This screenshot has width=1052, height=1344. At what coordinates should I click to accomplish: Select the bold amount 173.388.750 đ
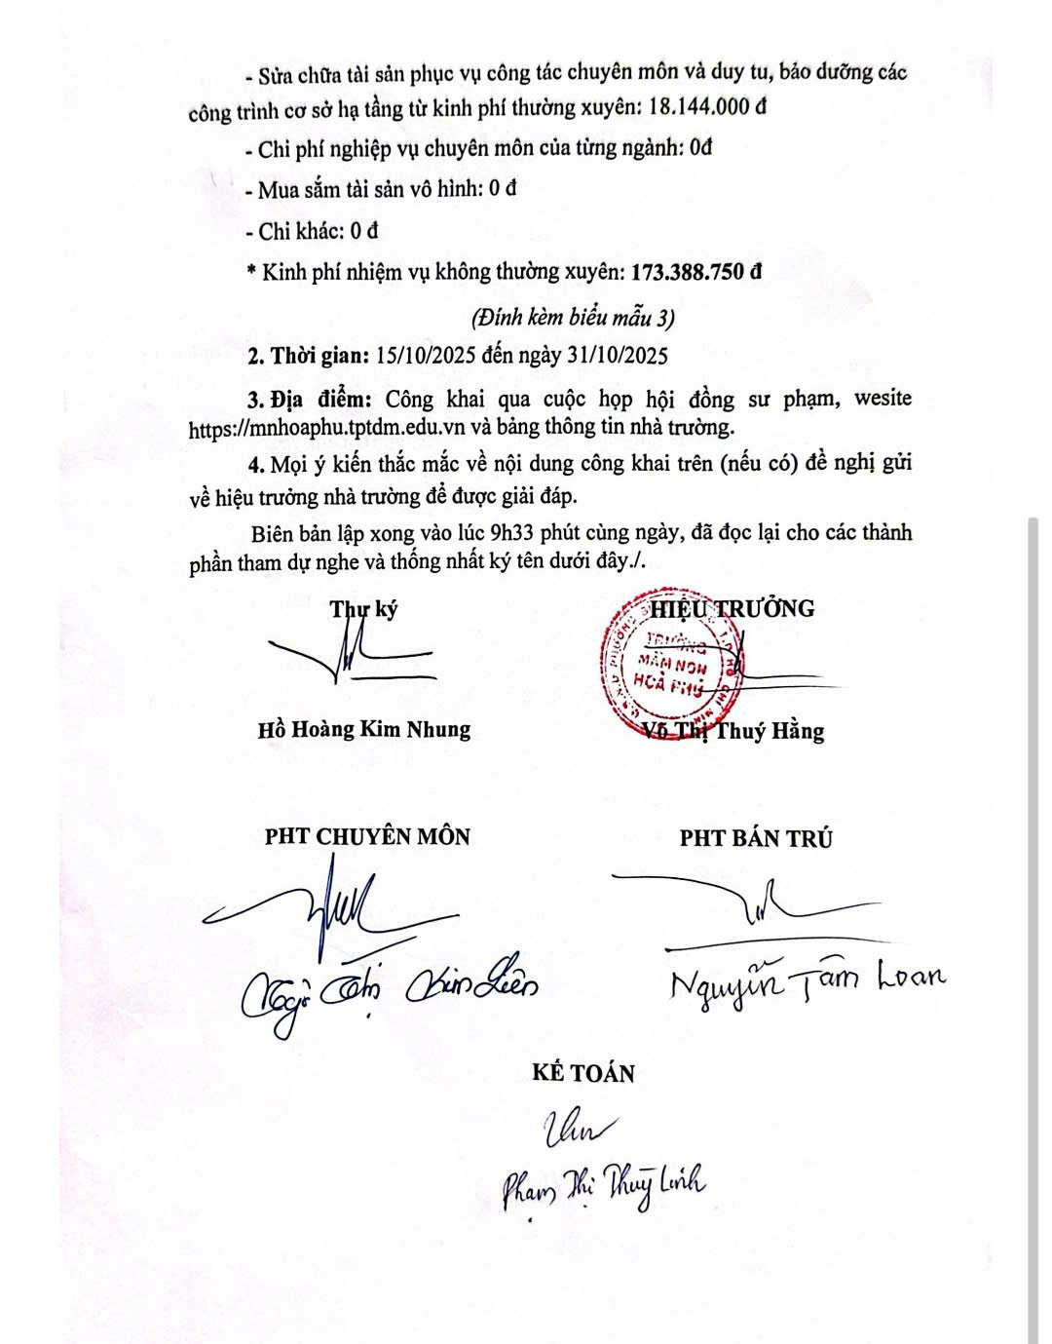(x=696, y=272)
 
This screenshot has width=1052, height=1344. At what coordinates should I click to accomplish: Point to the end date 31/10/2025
(x=617, y=355)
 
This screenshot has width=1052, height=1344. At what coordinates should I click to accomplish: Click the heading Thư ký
(x=363, y=609)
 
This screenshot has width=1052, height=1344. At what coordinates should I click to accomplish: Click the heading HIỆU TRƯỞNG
(x=733, y=608)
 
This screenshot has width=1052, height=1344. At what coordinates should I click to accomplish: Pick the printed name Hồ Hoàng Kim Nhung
(x=364, y=729)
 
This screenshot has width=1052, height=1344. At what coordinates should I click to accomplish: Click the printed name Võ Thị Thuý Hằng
(x=735, y=731)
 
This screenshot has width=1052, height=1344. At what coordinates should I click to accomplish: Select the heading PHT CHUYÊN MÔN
(x=367, y=836)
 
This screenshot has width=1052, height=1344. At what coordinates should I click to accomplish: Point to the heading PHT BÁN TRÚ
(x=756, y=838)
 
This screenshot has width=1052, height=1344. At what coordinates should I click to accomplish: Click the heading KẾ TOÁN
(x=583, y=1073)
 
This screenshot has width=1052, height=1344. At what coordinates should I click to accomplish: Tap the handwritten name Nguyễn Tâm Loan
(x=808, y=979)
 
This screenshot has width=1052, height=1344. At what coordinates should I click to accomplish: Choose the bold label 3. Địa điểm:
(x=309, y=400)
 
